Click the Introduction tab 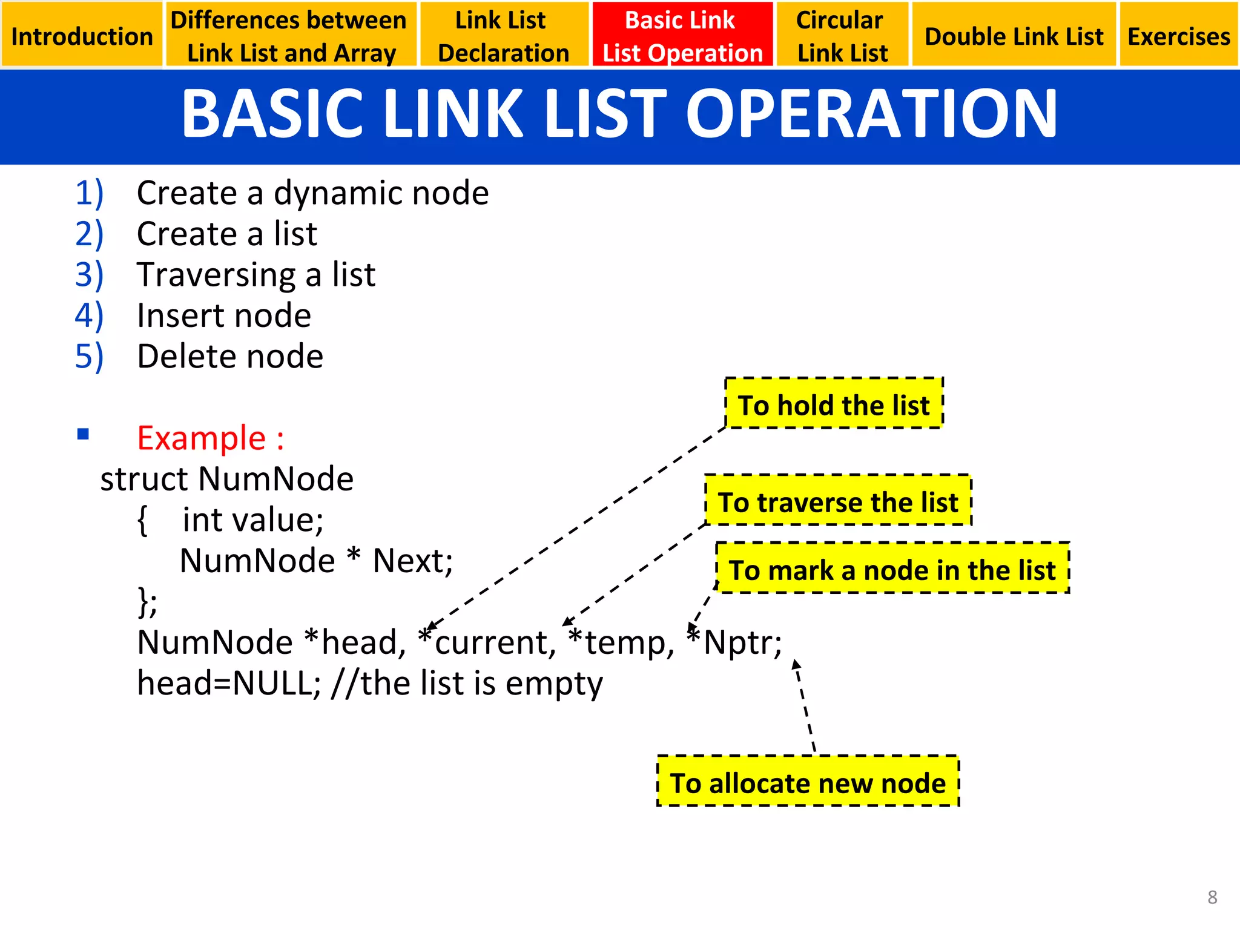(82, 36)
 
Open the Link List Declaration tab (503, 36)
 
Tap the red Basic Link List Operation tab (682, 36)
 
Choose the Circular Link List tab (842, 36)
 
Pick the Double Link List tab (1014, 36)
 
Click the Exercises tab (1178, 36)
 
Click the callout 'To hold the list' (834, 404)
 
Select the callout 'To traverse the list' (838, 502)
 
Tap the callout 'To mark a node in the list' (892, 570)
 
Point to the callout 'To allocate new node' (808, 782)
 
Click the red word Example (202, 438)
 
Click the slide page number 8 (1212, 897)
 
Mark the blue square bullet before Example (84, 434)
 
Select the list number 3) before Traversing (90, 274)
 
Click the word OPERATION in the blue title (871, 114)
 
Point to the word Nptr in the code (742, 642)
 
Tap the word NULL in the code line (276, 683)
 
